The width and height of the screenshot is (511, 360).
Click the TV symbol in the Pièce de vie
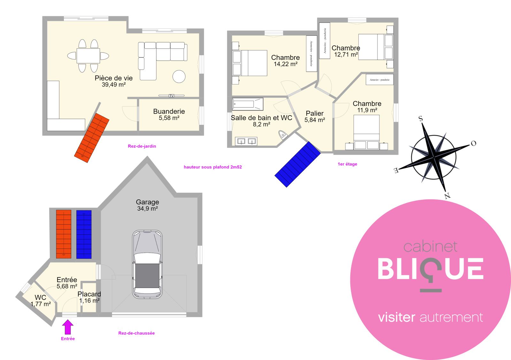click(171, 95)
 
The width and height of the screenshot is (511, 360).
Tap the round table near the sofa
click(179, 76)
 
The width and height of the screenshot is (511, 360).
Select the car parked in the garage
click(147, 264)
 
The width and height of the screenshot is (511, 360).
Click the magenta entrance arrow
click(68, 327)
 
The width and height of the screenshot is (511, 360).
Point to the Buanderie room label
click(169, 111)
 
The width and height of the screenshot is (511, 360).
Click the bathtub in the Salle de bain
click(248, 104)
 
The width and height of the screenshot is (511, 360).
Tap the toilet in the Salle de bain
click(283, 135)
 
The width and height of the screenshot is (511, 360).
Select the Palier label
click(315, 113)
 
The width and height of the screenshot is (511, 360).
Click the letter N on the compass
click(447, 196)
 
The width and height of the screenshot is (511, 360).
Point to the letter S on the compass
click(421, 118)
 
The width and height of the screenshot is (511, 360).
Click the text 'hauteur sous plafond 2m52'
click(213, 167)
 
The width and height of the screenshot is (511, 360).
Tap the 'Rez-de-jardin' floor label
click(142, 146)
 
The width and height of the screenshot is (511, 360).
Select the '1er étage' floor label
click(347, 164)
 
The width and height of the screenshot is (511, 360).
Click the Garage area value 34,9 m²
click(148, 208)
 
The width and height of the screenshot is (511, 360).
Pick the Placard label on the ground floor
click(89, 294)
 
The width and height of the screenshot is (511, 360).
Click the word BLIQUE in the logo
click(431, 269)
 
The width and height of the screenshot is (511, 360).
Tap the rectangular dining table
click(88, 56)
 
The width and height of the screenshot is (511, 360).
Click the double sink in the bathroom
click(246, 141)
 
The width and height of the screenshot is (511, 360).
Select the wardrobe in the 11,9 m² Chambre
click(380, 79)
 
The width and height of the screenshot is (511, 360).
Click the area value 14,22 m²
click(286, 64)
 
